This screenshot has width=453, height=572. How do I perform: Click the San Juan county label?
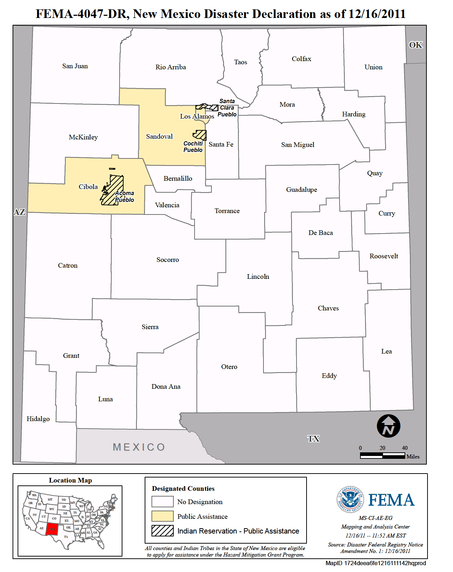(x=75, y=66)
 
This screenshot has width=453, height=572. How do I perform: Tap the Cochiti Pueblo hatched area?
(x=200, y=135)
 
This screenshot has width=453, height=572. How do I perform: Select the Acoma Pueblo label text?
(x=125, y=197)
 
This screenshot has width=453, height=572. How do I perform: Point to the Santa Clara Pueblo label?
(x=227, y=108)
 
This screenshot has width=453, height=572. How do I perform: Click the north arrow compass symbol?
(x=388, y=426)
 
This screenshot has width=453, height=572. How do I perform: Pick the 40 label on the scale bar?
(x=405, y=448)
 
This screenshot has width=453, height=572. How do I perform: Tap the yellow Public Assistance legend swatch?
(x=162, y=516)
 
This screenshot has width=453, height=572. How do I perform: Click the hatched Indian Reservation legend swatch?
(x=162, y=531)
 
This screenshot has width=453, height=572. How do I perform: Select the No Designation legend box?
(x=162, y=502)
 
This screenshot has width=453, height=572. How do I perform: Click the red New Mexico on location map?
(x=52, y=529)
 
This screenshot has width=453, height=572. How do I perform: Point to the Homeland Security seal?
(x=350, y=499)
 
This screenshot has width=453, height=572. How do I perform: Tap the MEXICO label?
(x=139, y=447)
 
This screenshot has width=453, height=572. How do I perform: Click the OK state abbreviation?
(x=416, y=45)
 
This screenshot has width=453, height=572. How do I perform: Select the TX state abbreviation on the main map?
(x=313, y=439)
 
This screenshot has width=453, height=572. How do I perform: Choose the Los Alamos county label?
(x=197, y=116)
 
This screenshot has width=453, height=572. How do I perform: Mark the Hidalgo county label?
(x=38, y=419)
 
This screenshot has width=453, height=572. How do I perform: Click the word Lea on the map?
(x=387, y=351)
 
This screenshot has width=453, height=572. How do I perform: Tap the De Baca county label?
(x=321, y=233)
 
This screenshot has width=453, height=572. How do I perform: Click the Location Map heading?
(x=70, y=480)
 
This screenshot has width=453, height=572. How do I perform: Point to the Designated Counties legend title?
(x=183, y=489)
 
